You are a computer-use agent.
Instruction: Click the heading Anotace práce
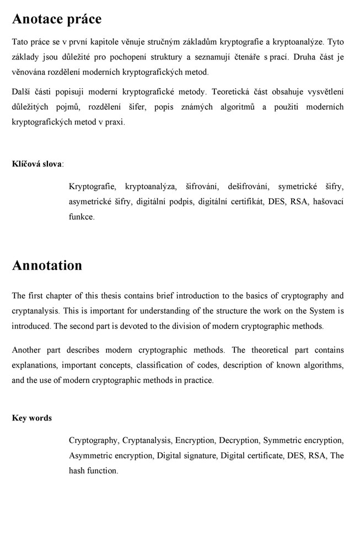(x=57, y=19)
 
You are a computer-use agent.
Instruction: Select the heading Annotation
(x=47, y=265)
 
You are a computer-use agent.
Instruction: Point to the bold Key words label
(x=32, y=418)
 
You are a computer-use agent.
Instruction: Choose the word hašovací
(x=329, y=202)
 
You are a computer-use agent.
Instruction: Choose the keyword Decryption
(x=238, y=440)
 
